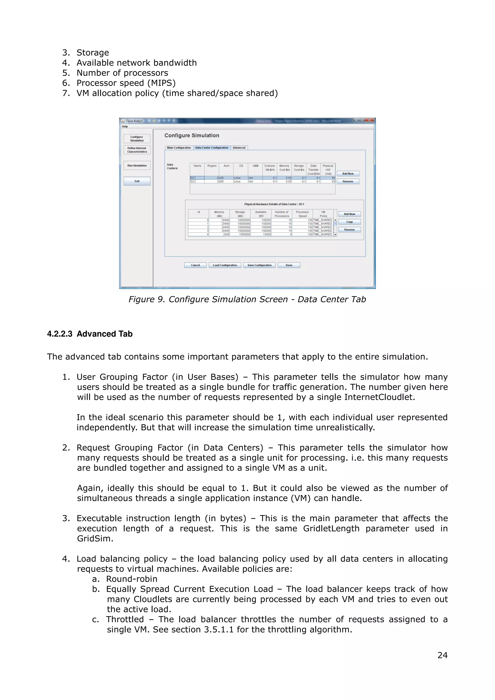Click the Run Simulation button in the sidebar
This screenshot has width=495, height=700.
coord(137,165)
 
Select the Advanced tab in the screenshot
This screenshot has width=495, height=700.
coord(239,148)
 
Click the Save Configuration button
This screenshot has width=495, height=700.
coord(259,265)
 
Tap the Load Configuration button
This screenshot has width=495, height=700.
coord(225,265)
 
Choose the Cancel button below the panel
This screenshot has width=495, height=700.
coord(195,265)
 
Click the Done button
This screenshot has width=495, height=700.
coord(289,265)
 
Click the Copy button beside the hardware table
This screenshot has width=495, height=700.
coord(349,222)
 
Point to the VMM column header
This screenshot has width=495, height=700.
coord(255,166)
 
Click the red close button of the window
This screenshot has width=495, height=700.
coord(369,120)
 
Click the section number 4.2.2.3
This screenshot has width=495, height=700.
coord(59,334)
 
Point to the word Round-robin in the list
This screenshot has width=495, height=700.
coord(132,579)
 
